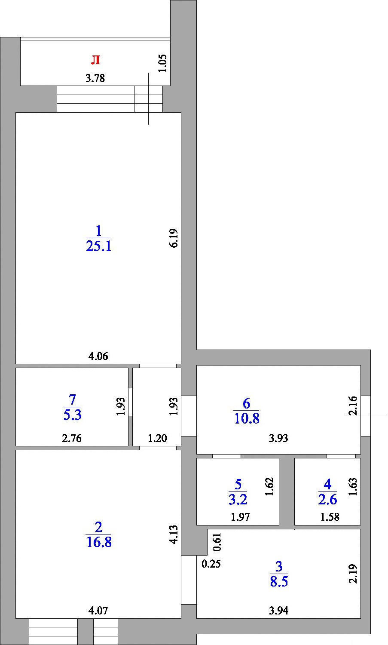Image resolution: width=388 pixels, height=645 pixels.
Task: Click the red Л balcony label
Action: [x=95, y=60]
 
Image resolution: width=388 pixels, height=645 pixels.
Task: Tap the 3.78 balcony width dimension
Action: [x=95, y=78]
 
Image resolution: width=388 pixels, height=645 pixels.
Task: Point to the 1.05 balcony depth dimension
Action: [x=162, y=63]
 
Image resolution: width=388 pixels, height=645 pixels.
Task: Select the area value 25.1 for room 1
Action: [x=99, y=246]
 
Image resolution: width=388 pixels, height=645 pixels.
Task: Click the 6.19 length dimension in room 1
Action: [x=174, y=238]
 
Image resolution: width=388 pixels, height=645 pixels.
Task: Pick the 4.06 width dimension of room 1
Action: [x=98, y=356]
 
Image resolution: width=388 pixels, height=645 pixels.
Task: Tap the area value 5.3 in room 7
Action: [x=73, y=415]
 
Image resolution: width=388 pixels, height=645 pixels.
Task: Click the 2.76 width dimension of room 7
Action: [x=72, y=438]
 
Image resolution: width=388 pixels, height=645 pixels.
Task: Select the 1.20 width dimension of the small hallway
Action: [x=157, y=438]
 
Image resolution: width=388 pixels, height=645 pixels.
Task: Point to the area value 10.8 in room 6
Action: [x=247, y=418]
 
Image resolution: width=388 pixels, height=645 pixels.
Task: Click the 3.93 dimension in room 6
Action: [x=278, y=438]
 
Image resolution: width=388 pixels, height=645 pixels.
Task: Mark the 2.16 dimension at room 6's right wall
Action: [x=353, y=406]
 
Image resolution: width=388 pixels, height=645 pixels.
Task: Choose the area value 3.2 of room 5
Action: [x=238, y=500]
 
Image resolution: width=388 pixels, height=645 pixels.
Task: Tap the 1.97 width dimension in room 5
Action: [x=240, y=517]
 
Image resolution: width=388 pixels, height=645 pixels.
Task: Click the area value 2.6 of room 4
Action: [x=327, y=500]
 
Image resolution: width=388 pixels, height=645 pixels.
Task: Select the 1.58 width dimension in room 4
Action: [x=330, y=517]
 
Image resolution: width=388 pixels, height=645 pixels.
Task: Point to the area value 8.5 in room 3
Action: [x=279, y=581]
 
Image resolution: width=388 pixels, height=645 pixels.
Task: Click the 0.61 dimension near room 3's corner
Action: [x=217, y=542]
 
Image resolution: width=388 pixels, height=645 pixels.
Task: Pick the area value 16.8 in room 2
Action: [x=99, y=542]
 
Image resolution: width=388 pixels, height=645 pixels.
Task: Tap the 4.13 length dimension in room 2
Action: [x=174, y=534]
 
